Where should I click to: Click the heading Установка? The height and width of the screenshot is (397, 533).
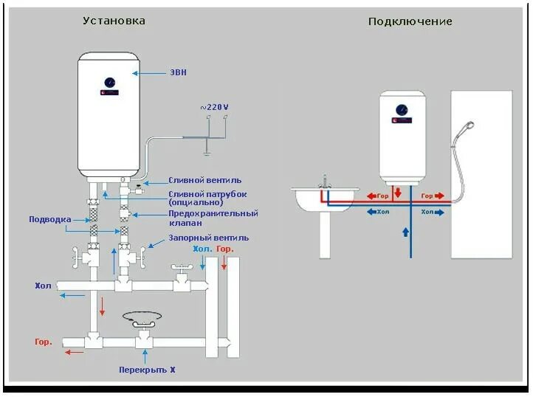tap(114, 21)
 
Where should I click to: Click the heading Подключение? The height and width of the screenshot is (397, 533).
tap(410, 21)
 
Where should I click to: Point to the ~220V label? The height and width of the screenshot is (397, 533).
tap(214, 107)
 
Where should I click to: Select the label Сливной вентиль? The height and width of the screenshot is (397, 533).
tap(204, 180)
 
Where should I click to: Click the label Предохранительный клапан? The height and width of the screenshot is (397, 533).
tap(213, 218)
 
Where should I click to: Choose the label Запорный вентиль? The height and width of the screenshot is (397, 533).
tap(208, 238)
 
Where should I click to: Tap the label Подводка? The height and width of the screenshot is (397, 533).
tap(50, 219)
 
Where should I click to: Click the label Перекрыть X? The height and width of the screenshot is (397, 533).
tap(147, 369)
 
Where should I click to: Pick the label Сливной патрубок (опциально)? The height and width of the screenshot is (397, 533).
tap(207, 198)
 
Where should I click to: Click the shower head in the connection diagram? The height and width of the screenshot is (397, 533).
tap(467, 126)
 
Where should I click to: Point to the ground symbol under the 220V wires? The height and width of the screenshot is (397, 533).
tap(207, 153)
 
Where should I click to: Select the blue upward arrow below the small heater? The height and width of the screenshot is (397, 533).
tap(404, 232)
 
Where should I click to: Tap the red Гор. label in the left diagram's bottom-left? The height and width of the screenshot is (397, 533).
tap(43, 342)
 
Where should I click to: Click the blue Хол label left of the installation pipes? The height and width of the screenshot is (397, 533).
tap(43, 285)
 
